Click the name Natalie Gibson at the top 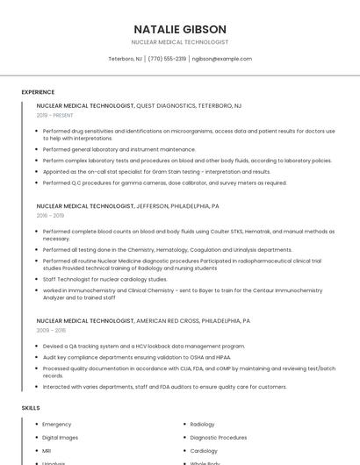(x=180, y=29)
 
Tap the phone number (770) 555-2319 (x=167, y=59)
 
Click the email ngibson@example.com (x=221, y=59)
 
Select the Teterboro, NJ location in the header (x=125, y=59)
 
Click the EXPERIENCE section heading (x=38, y=92)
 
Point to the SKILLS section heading (x=30, y=408)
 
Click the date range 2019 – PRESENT (x=55, y=115)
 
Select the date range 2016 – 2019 (x=50, y=215)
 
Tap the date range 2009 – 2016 (x=50, y=330)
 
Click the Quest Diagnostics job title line (x=139, y=105)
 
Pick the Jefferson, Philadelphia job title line (x=127, y=205)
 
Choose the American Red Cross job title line (x=143, y=320)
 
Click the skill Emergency (x=56, y=425)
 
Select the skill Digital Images (x=61, y=437)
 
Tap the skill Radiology (x=202, y=425)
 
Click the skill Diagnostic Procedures (x=218, y=437)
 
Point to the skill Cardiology (x=204, y=450)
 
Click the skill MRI (x=47, y=450)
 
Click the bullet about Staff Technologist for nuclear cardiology (x=104, y=279)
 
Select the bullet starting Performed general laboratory (x=119, y=149)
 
